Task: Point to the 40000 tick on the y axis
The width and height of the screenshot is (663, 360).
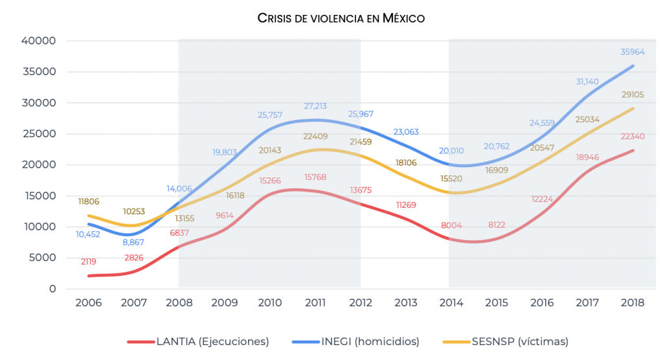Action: pyautogui.click(x=38, y=41)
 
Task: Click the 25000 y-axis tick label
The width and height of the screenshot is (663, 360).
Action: pyautogui.click(x=38, y=134)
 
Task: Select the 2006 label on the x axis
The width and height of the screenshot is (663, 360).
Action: pyautogui.click(x=89, y=303)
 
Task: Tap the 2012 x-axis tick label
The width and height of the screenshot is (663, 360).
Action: pyautogui.click(x=361, y=303)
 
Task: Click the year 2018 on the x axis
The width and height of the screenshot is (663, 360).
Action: pyautogui.click(x=633, y=303)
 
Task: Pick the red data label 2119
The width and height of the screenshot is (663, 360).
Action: pyautogui.click(x=89, y=262)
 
